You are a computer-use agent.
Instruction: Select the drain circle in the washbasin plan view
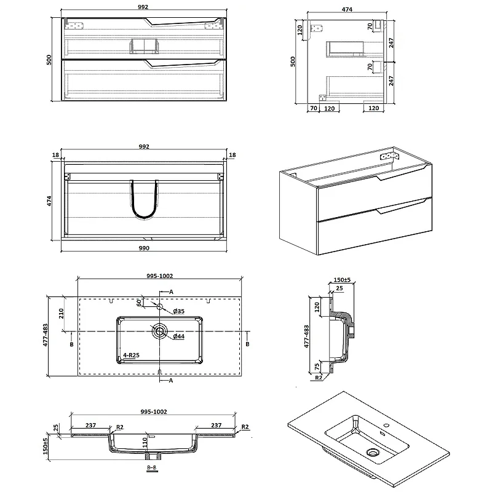(161, 331)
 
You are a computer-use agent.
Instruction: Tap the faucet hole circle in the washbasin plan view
(159, 306)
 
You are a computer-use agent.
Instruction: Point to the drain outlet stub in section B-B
(152, 456)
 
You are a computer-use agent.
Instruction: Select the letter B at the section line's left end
(73, 345)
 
